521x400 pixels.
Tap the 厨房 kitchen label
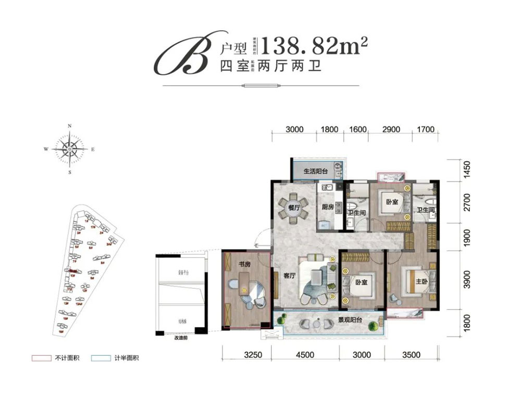tap(327, 207)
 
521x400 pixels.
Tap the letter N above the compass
tap(70, 126)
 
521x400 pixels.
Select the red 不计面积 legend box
tap(40, 358)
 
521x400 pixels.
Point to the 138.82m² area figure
tap(313, 48)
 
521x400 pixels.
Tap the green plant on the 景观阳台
tap(374, 327)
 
